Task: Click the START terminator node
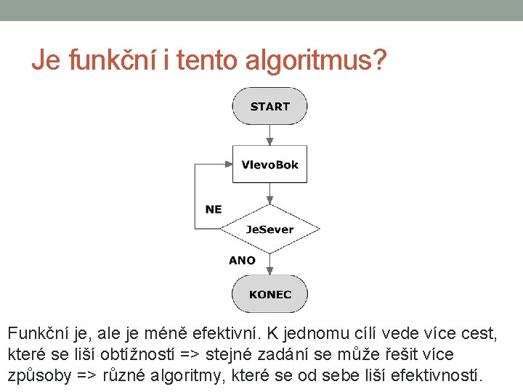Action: [x=269, y=107]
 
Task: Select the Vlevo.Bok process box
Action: [x=269, y=165]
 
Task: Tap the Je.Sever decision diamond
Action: [x=269, y=229]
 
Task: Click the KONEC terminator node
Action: [x=269, y=294]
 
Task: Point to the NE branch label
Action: [x=214, y=209]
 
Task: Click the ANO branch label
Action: [x=242, y=260]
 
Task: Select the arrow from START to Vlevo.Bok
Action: [x=269, y=135]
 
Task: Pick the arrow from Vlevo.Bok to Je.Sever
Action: [x=269, y=195]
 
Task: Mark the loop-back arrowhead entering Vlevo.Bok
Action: [x=227, y=165]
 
